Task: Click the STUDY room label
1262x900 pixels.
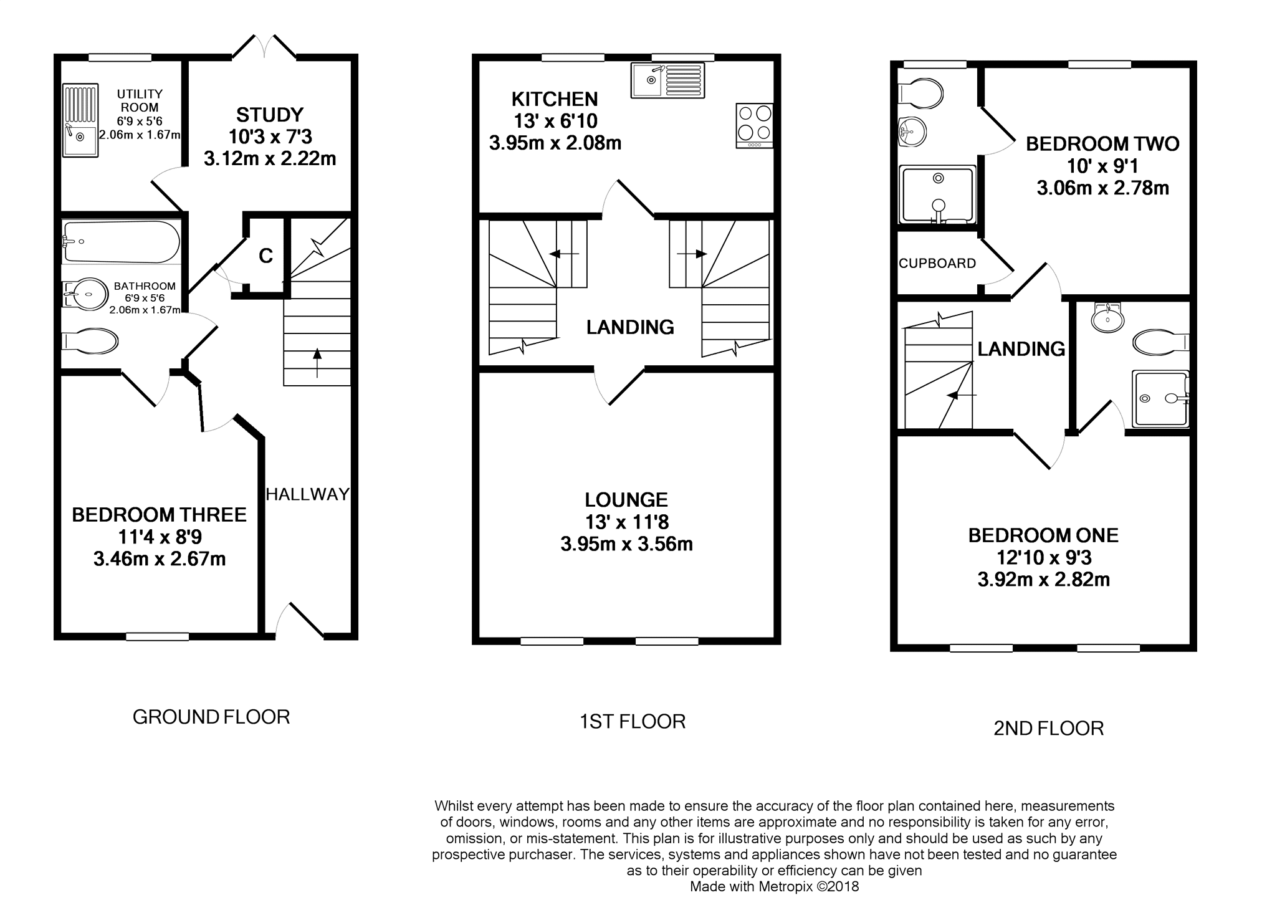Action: tap(270, 115)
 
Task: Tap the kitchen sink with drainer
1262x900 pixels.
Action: tap(667, 80)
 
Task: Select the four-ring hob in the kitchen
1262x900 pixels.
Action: tap(755, 125)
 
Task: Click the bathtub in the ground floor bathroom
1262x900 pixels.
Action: tap(122, 242)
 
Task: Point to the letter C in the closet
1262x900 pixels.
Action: tap(266, 256)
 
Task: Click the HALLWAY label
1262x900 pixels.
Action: tap(308, 494)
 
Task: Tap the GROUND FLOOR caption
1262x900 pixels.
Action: tap(211, 717)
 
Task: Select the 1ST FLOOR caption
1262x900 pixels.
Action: tap(633, 722)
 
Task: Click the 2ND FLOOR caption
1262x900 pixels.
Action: tap(1048, 729)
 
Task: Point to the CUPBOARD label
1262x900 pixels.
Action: tap(937, 264)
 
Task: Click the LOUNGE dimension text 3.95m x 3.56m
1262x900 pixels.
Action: tap(626, 544)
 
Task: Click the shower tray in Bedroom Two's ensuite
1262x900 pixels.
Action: tap(937, 194)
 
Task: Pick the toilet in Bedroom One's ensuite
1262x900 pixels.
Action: tap(1160, 342)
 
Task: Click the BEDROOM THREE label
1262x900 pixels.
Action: tap(159, 515)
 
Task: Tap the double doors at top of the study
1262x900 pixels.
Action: tap(264, 47)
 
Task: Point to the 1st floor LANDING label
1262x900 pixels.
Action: tap(630, 327)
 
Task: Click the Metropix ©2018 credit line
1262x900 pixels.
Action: tap(774, 886)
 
